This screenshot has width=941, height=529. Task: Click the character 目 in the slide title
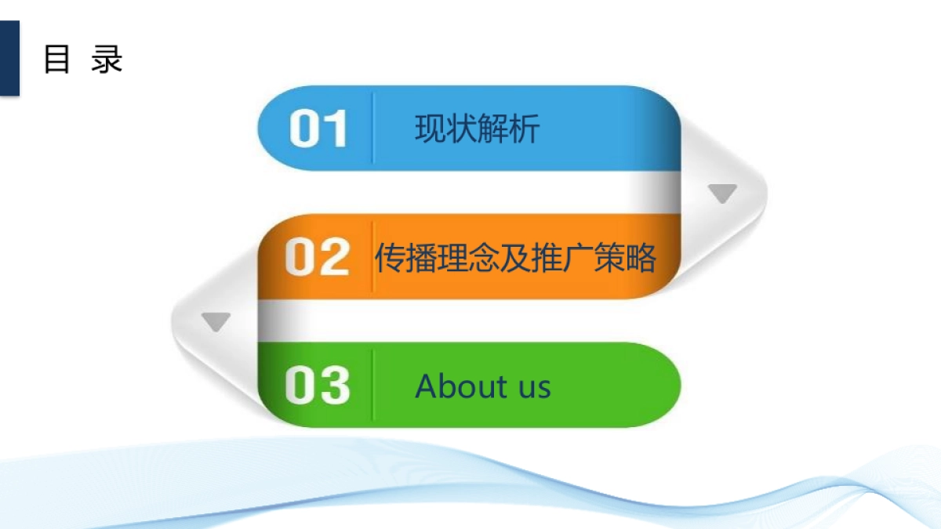pos(57,60)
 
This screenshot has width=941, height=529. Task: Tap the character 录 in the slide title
pos(107,60)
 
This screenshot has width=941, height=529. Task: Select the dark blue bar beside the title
pos(9,58)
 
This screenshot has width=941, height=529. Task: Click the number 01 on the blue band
pos(318,129)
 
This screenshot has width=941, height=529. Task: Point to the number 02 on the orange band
pos(317,257)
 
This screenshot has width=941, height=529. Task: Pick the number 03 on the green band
pos(317,386)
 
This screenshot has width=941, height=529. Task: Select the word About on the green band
pos(461,386)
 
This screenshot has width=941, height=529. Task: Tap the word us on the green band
pos(533,387)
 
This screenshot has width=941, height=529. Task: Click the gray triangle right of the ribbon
pos(722,194)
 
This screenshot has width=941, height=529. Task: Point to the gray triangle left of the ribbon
pos(216,321)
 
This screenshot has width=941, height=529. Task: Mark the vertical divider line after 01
pos(373,129)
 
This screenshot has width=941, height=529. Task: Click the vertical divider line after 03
pos(373,385)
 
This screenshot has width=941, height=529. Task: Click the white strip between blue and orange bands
pos(470,192)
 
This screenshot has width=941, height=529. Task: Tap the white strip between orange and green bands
pos(470,321)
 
